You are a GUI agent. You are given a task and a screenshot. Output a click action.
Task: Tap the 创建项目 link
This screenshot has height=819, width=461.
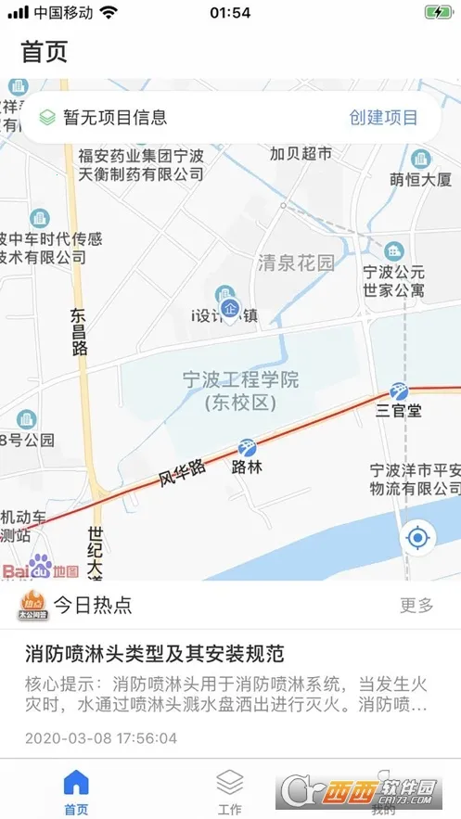(383, 118)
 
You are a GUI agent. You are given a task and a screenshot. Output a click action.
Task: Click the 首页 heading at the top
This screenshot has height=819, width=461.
(45, 52)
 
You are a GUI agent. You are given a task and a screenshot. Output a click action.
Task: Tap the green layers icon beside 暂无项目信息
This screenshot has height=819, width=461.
(47, 118)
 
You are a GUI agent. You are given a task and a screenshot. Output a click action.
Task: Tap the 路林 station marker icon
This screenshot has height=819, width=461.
(247, 447)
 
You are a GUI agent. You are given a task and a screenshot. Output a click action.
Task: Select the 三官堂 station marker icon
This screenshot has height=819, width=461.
(400, 390)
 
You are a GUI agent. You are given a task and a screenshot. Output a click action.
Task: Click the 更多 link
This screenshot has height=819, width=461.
(416, 606)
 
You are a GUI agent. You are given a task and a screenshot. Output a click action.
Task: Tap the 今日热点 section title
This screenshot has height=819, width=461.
(92, 606)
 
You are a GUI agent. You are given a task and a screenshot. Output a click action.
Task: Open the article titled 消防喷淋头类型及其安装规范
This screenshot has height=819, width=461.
(154, 653)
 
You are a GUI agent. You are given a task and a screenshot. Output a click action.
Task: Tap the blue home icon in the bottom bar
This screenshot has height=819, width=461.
(76, 781)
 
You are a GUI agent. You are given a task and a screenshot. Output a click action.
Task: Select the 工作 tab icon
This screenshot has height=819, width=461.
(229, 781)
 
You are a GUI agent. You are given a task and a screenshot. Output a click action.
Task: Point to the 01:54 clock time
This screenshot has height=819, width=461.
(230, 13)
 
